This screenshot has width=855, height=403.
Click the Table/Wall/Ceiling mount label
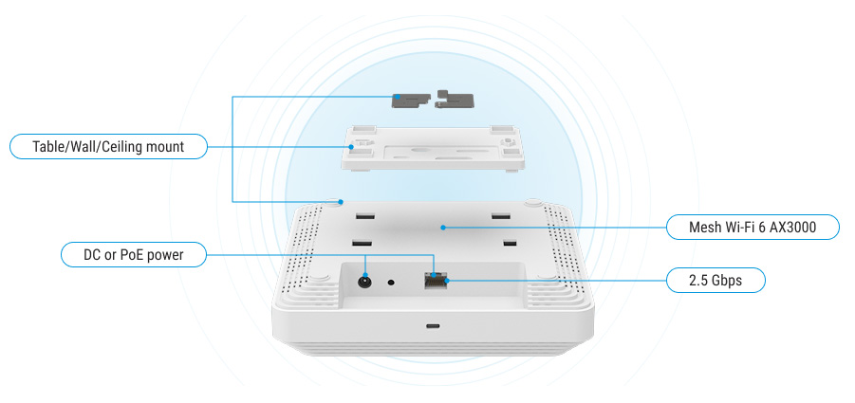(x=108, y=146)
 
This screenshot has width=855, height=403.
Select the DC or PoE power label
(x=134, y=254)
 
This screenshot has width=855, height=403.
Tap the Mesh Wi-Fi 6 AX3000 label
(x=753, y=227)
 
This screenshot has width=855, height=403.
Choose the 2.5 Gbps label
(x=716, y=280)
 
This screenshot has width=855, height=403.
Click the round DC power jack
(x=363, y=282)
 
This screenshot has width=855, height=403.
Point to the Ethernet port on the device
(x=436, y=281)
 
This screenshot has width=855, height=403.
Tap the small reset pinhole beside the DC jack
(x=390, y=283)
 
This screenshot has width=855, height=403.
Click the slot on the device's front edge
(x=433, y=326)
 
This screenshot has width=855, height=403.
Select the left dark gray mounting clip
(x=411, y=100)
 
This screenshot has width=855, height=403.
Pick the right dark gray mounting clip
(x=455, y=100)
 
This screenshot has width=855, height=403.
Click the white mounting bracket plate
(x=434, y=148)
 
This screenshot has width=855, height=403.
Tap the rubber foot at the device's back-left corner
(x=333, y=202)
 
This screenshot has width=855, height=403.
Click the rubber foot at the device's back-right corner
(x=533, y=202)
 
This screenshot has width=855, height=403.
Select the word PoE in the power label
(x=131, y=254)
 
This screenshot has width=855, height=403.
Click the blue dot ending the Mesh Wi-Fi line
(x=443, y=227)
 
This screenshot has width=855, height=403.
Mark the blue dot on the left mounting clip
(x=398, y=97)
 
